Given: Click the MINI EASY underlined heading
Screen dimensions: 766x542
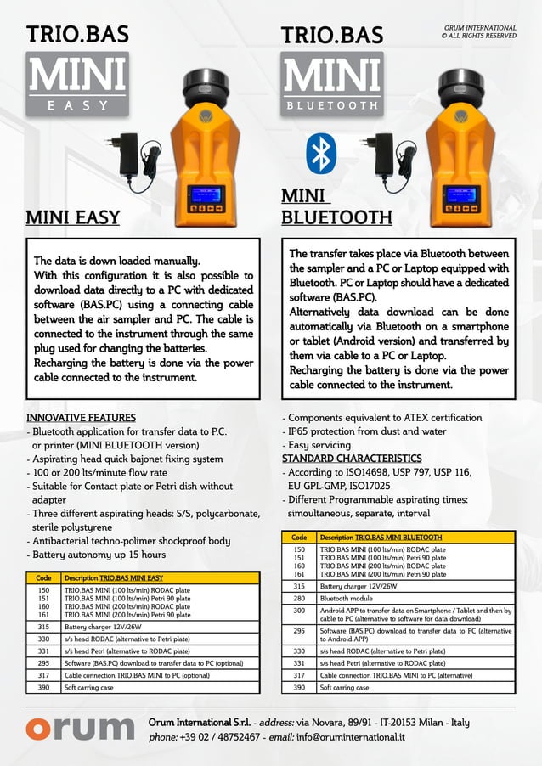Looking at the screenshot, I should (x=72, y=217).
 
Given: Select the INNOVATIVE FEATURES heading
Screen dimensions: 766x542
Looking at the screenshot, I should (x=81, y=418).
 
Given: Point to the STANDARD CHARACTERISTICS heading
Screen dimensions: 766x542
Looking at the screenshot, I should (x=352, y=459).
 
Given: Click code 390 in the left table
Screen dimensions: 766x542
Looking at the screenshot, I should (x=43, y=687).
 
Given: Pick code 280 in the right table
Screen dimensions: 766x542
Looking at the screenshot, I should (x=299, y=598).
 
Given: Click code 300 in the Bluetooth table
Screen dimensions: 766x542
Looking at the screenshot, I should (x=299, y=611).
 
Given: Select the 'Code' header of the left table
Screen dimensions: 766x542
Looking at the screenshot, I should (x=43, y=577).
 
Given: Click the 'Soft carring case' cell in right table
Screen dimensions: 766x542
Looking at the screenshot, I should (x=344, y=687).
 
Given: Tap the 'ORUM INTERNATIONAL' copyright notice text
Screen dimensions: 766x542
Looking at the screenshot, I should (x=480, y=29).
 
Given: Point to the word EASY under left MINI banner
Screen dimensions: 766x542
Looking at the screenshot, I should (x=77, y=105).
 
